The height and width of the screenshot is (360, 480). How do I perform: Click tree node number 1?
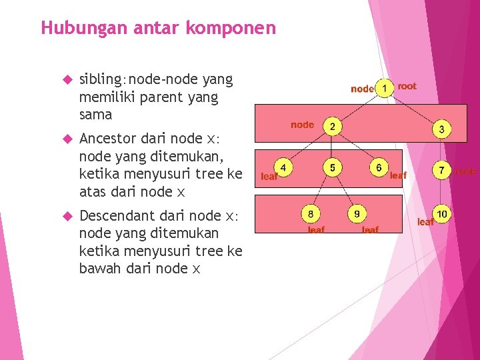[384, 88]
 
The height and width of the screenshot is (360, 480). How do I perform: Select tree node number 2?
[331, 126]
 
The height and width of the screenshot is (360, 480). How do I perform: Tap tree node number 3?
[441, 129]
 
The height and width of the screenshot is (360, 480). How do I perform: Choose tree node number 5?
[331, 167]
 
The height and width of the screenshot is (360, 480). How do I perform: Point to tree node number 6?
[379, 167]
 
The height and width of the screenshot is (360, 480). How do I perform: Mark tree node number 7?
[441, 171]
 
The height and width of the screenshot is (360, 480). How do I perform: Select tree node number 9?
[357, 213]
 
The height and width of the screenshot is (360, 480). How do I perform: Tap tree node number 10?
[441, 214]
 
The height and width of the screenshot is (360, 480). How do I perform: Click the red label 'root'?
[407, 86]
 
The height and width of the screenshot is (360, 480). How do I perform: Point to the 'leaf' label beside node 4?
[269, 177]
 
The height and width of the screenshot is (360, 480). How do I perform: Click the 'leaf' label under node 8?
[316, 230]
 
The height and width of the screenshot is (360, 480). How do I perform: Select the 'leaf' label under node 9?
[370, 230]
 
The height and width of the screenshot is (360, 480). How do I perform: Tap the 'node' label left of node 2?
[302, 125]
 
